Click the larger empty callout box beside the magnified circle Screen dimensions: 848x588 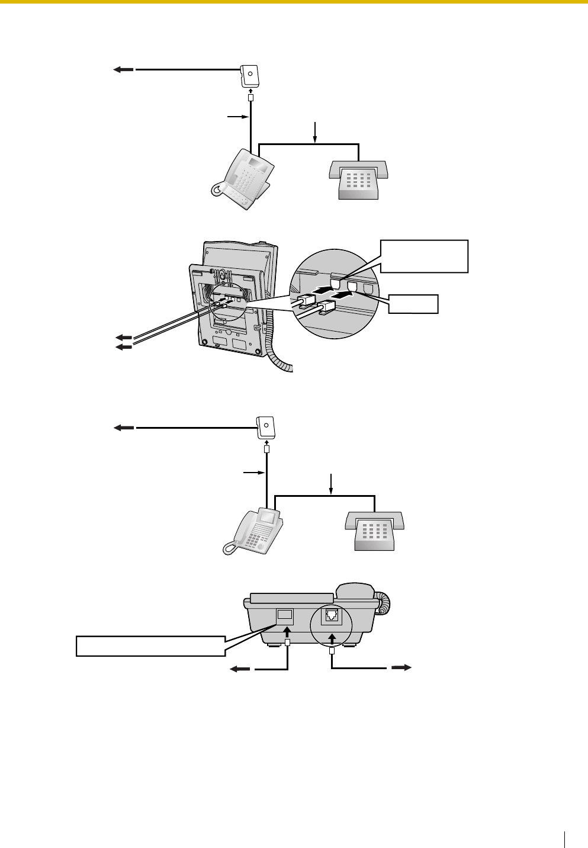coord(424,256)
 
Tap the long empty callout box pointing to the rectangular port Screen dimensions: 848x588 coord(150,645)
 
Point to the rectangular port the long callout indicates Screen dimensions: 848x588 coord(285,615)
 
